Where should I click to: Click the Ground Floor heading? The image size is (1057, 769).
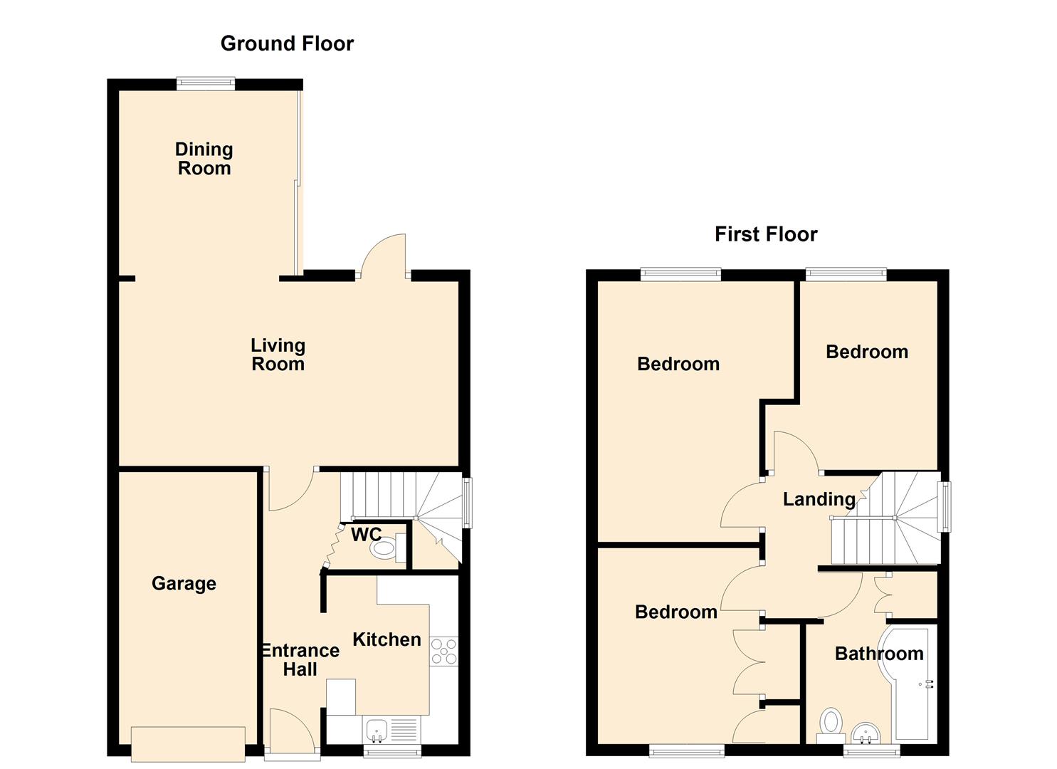(287, 44)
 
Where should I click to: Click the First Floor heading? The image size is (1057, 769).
(766, 234)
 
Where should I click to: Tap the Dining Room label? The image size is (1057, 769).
(204, 159)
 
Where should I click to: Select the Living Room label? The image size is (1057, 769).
(278, 355)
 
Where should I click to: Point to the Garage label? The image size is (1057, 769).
(184, 583)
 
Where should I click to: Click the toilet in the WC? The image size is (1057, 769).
(388, 548)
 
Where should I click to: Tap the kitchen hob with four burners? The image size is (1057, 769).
(443, 652)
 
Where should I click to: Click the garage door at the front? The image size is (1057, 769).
(189, 744)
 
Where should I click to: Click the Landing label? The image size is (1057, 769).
(819, 499)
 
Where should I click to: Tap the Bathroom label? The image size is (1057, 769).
(879, 654)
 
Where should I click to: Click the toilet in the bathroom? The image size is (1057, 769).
(831, 726)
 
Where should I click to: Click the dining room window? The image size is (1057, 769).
(206, 83)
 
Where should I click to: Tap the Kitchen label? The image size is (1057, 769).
(387, 639)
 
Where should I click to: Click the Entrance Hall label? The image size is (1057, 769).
(300, 660)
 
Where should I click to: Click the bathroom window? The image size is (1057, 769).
(871, 750)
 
